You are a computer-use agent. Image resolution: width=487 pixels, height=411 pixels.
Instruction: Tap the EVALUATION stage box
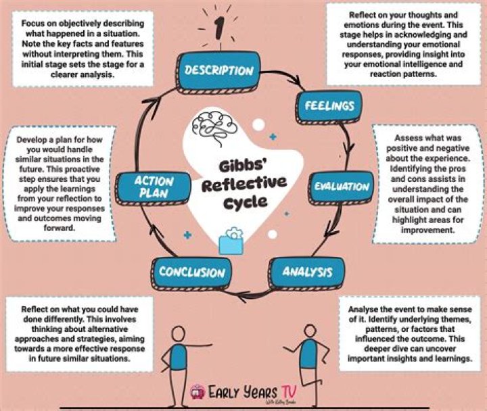(342, 187)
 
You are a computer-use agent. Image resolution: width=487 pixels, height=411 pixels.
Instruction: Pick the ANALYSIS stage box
(306, 272)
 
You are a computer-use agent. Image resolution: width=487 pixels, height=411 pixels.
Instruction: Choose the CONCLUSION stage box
(191, 272)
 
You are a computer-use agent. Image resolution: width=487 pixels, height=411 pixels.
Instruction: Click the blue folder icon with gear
(232, 239)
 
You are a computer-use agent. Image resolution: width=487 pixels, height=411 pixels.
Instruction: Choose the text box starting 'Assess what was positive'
(426, 183)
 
